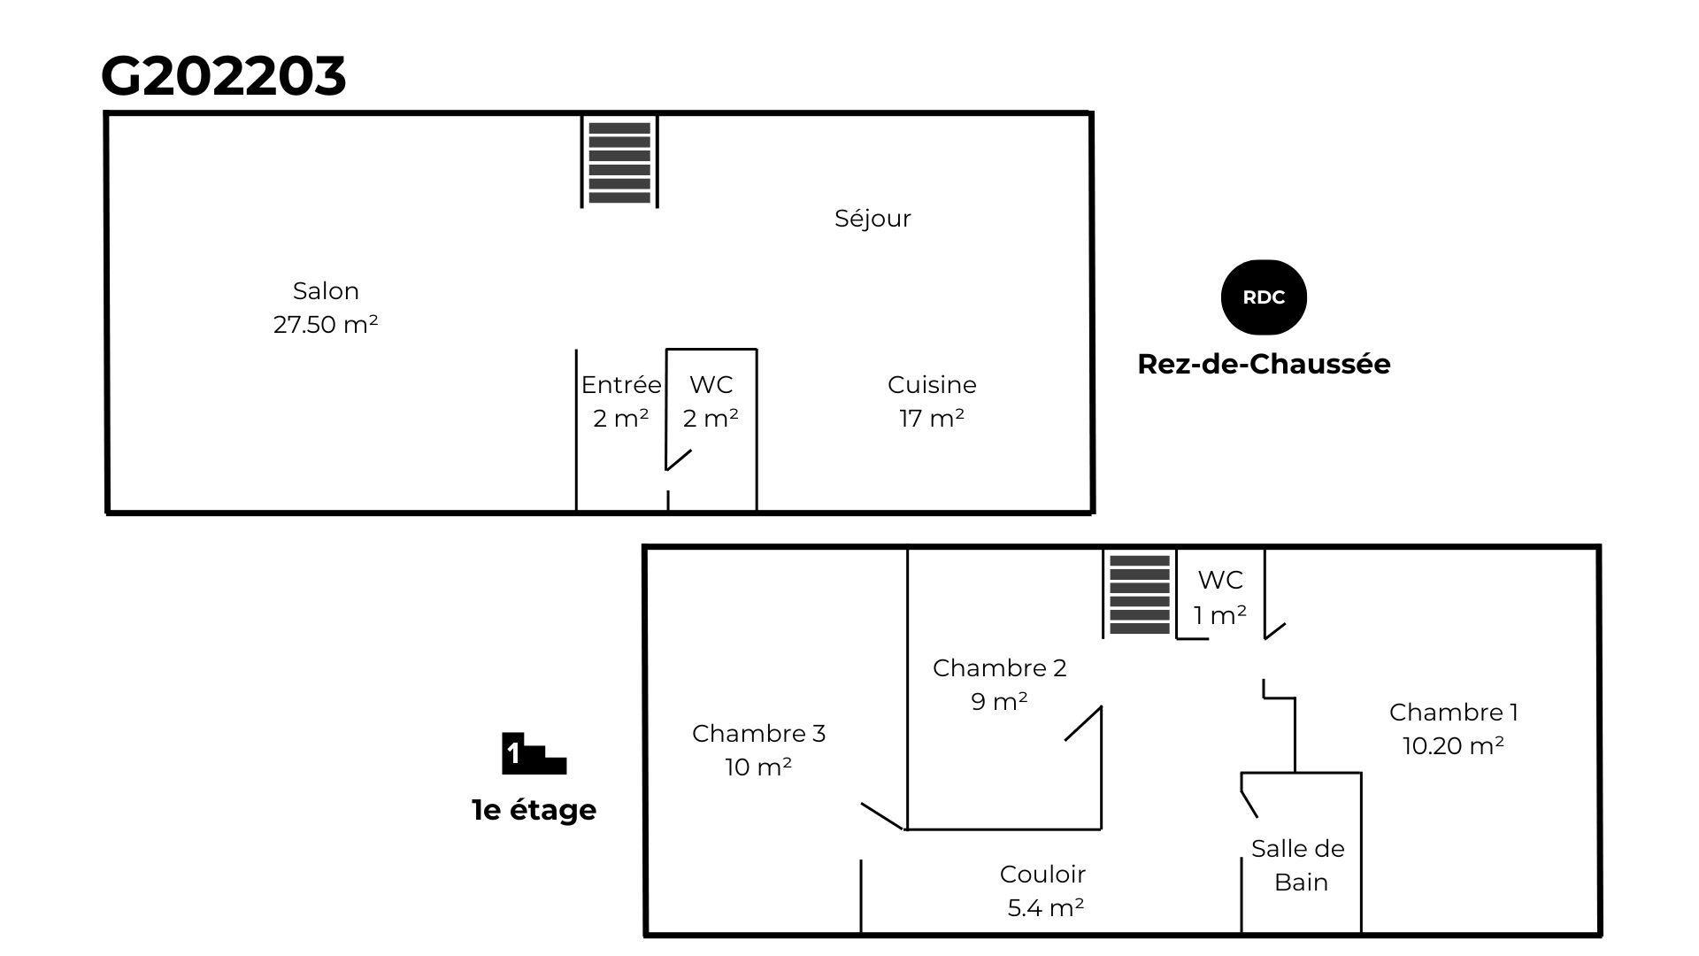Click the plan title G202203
pos(223,76)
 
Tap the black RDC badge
pos(1264,297)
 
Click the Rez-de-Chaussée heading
pos(1264,364)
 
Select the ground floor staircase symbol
pos(619,162)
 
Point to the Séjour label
pos(873,219)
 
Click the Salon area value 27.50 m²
pos(326,325)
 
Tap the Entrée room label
pos(620,385)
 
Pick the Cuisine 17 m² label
pos(932,401)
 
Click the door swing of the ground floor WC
pos(679,460)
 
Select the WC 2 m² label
pos(711,401)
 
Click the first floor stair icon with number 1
pos(534,753)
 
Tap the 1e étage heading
pos(534,810)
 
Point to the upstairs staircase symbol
pos(1140,594)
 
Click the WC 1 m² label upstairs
pos(1220,597)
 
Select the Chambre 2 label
pos(1000,668)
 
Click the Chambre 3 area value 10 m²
pos(758,767)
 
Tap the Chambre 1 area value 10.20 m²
pos(1453,746)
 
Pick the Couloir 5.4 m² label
pos(1043,890)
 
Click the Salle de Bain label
pos(1298,865)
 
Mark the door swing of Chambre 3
pos(882,816)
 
